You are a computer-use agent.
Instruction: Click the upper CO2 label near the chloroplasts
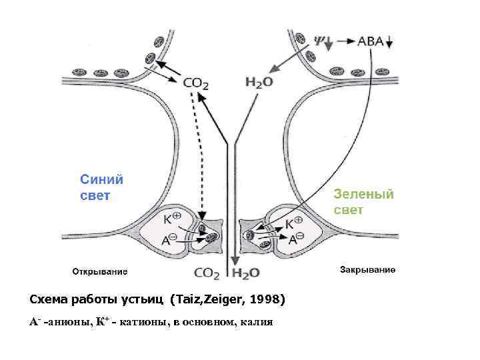(x=197, y=83)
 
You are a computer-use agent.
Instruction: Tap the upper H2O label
(x=259, y=82)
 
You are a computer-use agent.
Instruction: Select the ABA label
(x=371, y=41)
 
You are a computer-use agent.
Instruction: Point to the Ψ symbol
(x=319, y=39)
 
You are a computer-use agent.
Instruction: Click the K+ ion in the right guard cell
(x=294, y=223)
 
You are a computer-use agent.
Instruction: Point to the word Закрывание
(x=368, y=270)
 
